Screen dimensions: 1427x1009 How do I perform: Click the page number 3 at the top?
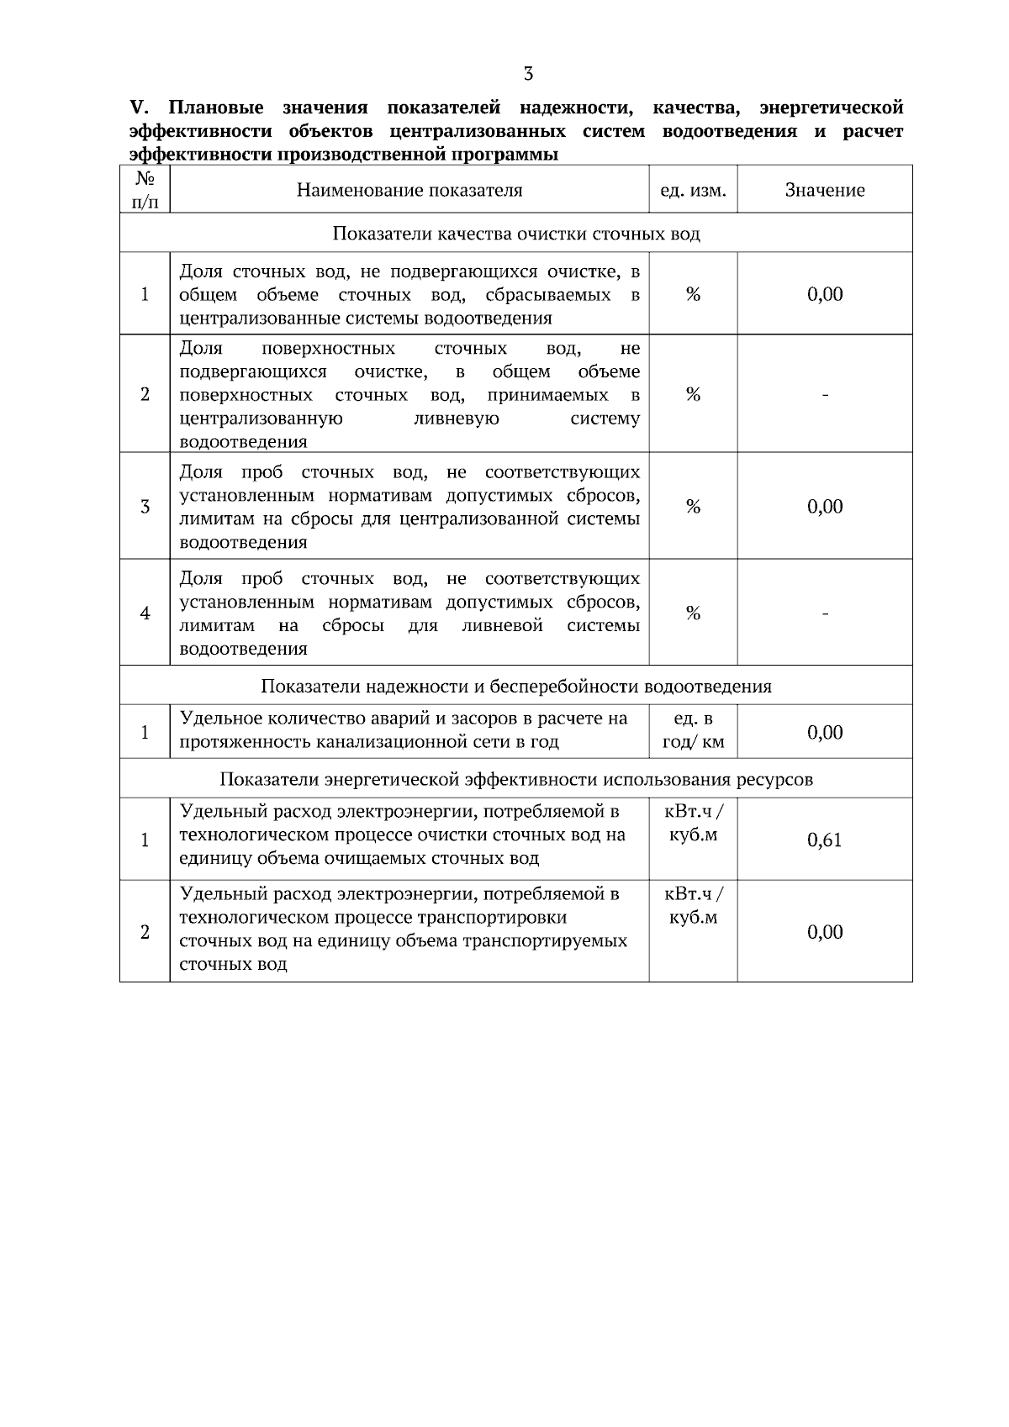click(528, 74)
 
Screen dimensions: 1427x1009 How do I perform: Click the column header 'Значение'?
click(824, 191)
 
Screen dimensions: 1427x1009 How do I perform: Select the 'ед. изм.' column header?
click(692, 191)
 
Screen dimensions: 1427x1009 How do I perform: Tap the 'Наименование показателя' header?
click(409, 191)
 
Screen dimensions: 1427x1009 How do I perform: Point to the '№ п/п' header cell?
click(145, 190)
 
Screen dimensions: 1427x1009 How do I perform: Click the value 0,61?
click(824, 840)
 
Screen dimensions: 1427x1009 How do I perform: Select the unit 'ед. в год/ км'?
click(693, 731)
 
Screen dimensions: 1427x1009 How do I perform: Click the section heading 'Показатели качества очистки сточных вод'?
click(515, 234)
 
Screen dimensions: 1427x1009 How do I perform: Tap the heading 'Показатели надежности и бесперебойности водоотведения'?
click(515, 687)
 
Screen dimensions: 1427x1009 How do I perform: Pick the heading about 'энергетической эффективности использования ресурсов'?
click(515, 779)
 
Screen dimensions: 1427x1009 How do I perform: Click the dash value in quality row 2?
click(825, 395)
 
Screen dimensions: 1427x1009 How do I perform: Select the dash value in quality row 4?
click(825, 613)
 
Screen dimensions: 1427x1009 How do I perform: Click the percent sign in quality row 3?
click(693, 507)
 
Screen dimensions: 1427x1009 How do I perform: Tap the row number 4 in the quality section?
click(145, 613)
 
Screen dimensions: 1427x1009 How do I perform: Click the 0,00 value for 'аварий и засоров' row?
click(824, 733)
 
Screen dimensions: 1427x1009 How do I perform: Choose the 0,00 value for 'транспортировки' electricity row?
click(824, 932)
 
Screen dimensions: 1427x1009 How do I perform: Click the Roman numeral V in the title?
click(138, 108)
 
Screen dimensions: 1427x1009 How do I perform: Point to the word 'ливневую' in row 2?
click(457, 419)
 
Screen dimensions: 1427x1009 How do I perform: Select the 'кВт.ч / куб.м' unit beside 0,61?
click(693, 824)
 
